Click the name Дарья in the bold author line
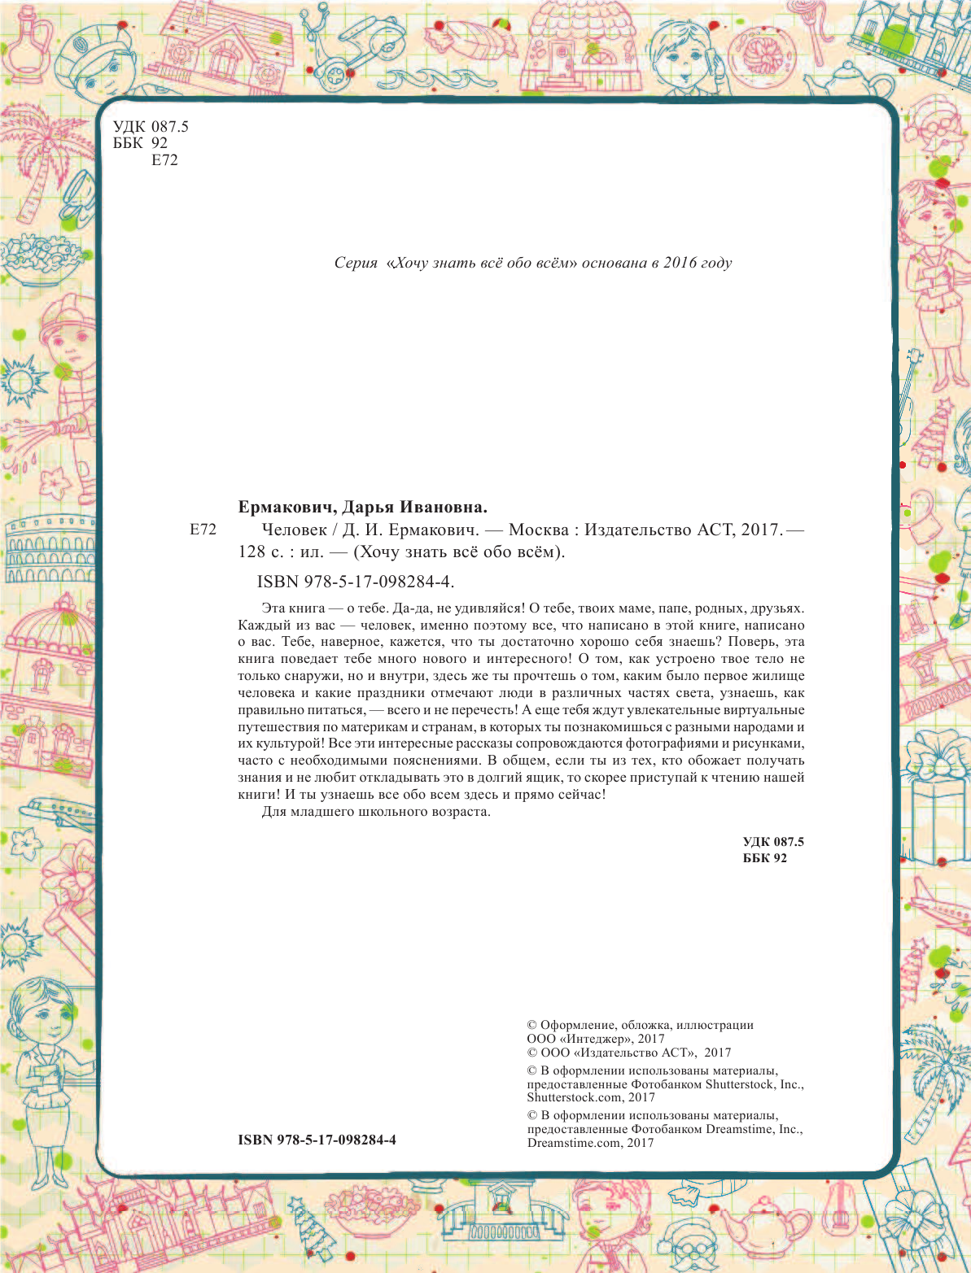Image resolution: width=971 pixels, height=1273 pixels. [368, 508]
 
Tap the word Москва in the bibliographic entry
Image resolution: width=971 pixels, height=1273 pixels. [538, 530]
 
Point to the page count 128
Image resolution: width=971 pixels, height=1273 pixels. [251, 552]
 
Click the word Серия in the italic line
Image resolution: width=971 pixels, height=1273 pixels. [356, 263]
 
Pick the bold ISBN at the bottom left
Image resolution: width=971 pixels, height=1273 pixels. [317, 1140]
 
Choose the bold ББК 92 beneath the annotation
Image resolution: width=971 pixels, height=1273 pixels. [764, 858]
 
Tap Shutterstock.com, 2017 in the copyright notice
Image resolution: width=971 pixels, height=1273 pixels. [591, 1097]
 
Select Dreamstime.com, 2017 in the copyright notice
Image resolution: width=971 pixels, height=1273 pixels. [590, 1143]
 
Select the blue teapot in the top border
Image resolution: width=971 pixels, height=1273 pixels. [850, 81]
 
